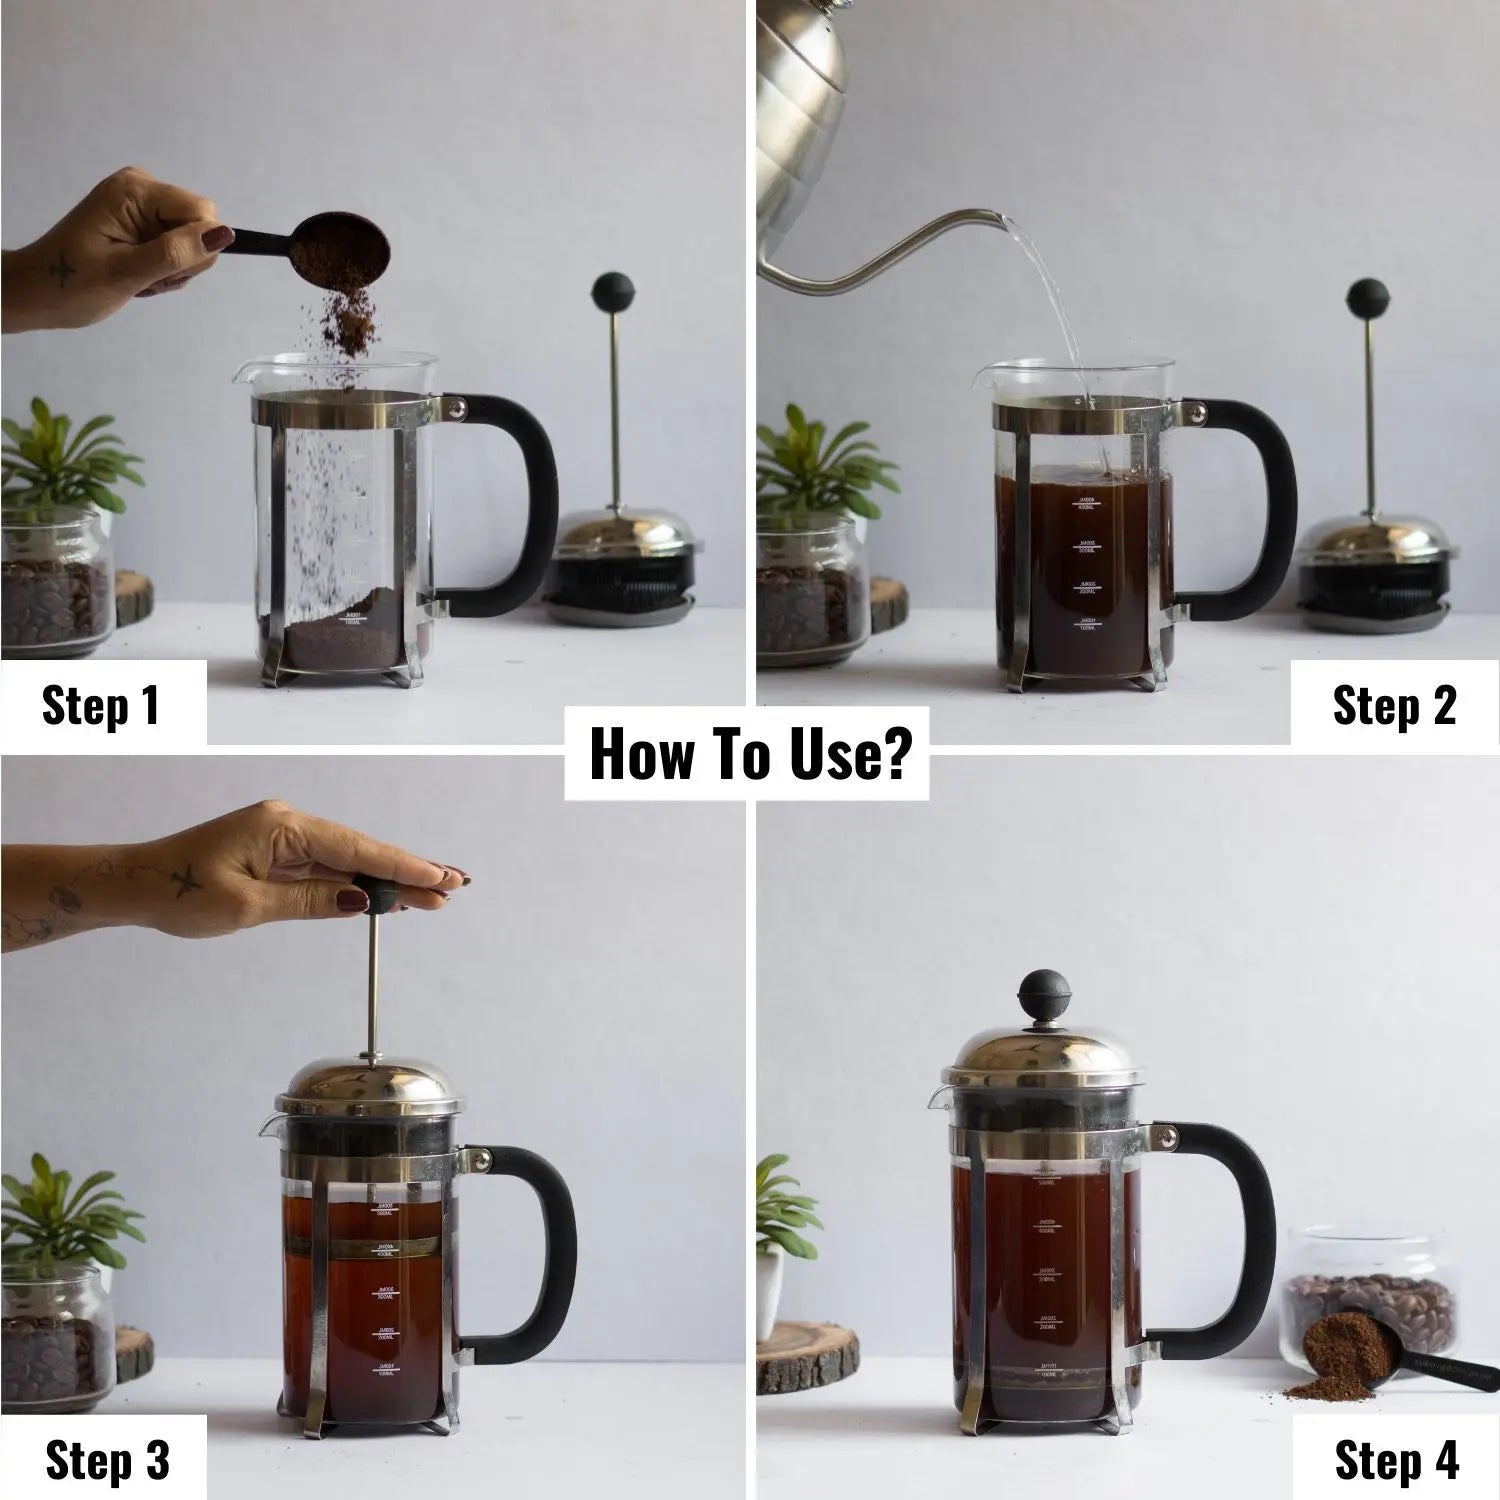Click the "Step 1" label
[101, 705]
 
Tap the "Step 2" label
[1394, 705]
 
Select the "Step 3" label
[107, 1460]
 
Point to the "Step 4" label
[1396, 1460]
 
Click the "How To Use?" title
[748, 754]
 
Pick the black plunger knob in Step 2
[1366, 297]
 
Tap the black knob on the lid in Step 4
[1042, 993]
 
